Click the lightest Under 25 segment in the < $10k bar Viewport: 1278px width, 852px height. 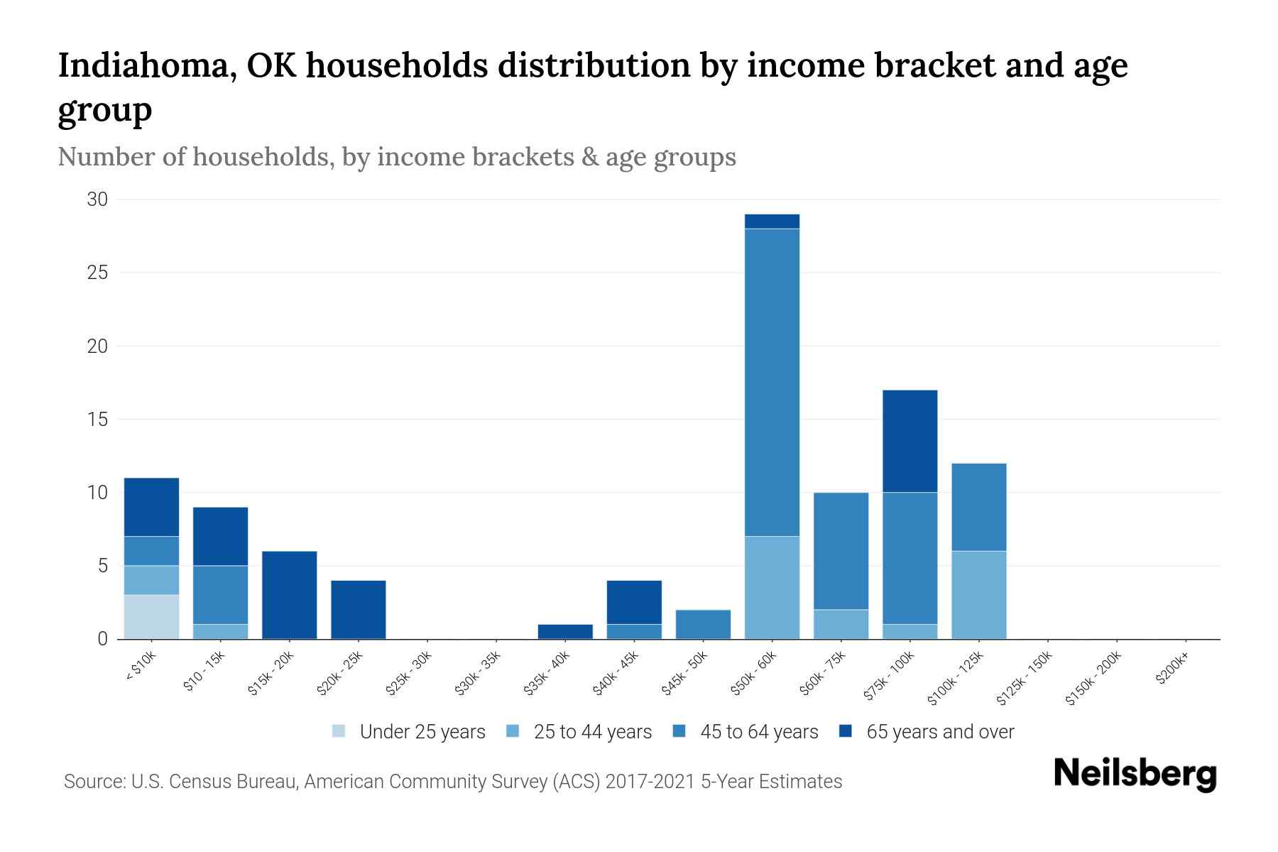tap(151, 616)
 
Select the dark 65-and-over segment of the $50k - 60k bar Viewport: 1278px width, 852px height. tap(772, 222)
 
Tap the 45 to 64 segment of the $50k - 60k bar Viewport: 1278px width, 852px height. tap(772, 382)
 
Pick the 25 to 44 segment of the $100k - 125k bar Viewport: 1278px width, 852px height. tap(978, 595)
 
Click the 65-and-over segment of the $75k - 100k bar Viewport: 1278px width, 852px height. tap(910, 441)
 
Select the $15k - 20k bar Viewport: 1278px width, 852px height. tap(289, 595)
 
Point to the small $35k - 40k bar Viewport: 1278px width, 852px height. tap(565, 631)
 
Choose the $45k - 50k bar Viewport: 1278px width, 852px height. tap(703, 624)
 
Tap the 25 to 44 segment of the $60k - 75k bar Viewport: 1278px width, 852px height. tap(841, 624)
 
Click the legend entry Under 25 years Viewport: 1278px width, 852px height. tap(422, 732)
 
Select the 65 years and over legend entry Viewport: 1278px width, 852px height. tap(939, 732)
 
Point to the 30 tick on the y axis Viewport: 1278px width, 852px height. tap(97, 200)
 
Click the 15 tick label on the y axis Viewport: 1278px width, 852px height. tap(97, 420)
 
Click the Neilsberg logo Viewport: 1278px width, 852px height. tap(1135, 774)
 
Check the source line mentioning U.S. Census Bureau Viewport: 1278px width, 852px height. tap(453, 782)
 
